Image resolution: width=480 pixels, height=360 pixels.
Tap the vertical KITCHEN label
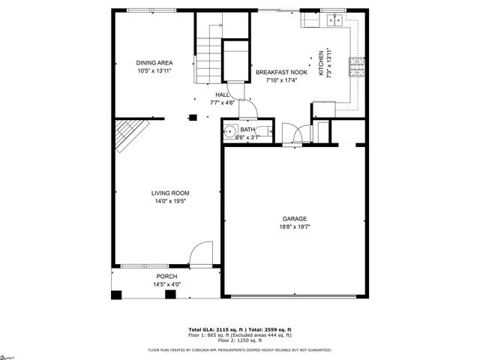[320, 64]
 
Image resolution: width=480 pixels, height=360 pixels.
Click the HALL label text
[223, 94]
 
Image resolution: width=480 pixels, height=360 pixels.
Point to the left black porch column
[116, 294]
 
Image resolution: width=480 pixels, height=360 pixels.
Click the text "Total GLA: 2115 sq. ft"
[212, 330]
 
